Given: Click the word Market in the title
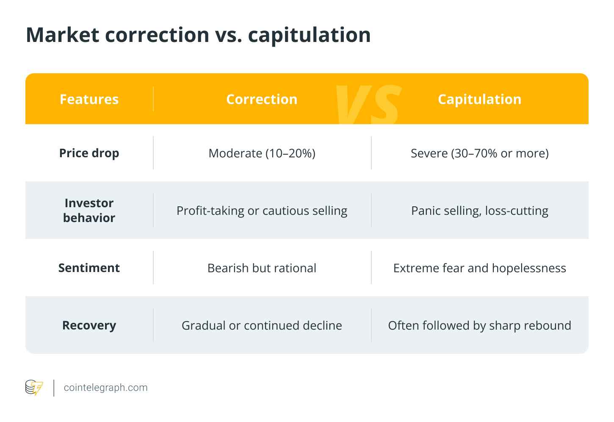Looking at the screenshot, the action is (63, 35).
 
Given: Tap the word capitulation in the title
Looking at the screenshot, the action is (309, 36).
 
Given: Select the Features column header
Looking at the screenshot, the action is (89, 99).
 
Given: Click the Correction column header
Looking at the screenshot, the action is (262, 99).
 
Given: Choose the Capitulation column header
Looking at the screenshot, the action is (479, 100).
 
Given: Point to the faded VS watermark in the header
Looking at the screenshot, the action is (368, 105).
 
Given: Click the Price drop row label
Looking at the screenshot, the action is (89, 153).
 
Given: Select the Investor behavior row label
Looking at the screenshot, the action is (89, 210).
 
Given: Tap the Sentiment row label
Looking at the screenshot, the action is (89, 268).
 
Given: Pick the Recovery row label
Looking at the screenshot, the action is (89, 325).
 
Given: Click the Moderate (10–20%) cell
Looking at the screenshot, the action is (262, 153).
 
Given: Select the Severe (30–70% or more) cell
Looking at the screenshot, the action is (480, 153).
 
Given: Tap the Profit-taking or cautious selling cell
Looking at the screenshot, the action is (262, 211).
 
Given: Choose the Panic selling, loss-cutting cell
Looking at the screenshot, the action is (480, 211).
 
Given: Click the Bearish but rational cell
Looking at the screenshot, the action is (262, 268).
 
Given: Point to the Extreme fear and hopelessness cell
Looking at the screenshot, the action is (480, 268).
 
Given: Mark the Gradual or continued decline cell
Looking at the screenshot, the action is (262, 325).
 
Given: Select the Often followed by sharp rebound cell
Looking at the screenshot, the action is (480, 326).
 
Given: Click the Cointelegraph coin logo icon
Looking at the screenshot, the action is (34, 387).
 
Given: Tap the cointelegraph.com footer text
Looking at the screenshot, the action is (106, 388).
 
